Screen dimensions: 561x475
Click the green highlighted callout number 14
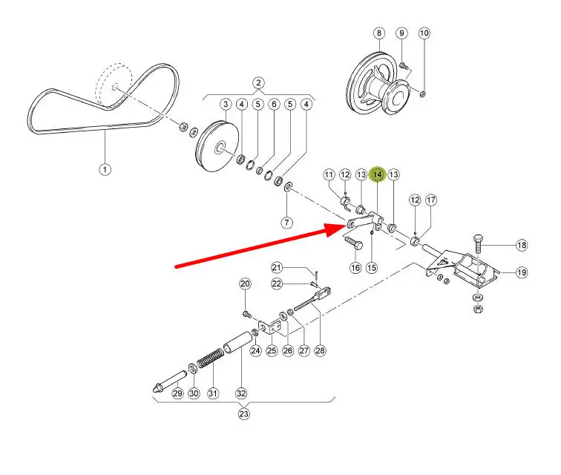click(378, 174)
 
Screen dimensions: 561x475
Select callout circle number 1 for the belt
click(105, 169)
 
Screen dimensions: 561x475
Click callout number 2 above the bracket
click(258, 83)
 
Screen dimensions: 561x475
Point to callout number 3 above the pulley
click(226, 105)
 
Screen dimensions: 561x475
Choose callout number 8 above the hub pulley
click(379, 33)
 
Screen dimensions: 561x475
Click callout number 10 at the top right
click(424, 33)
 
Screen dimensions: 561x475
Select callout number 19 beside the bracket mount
click(522, 273)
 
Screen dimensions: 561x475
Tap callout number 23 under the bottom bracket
click(243, 414)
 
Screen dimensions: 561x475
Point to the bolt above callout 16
click(353, 243)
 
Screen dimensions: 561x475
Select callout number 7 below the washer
click(287, 223)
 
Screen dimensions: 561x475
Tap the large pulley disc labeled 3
click(217, 147)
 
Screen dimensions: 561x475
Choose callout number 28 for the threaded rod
click(321, 351)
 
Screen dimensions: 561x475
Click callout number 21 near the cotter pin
click(277, 267)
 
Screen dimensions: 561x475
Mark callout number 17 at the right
click(431, 200)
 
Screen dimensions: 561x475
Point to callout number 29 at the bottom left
click(177, 394)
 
